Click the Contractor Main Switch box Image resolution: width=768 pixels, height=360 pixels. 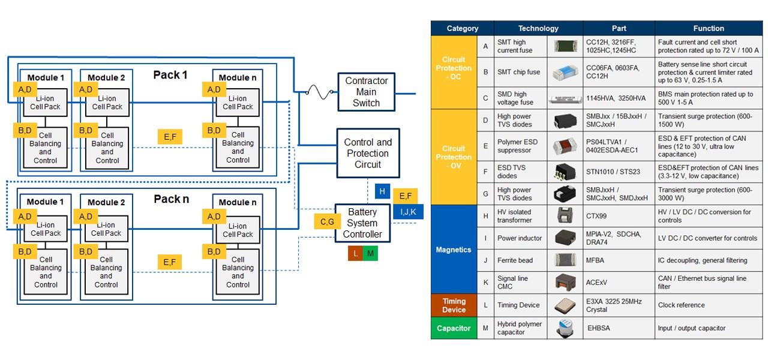click(x=366, y=92)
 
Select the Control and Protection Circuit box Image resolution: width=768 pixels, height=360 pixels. click(x=368, y=153)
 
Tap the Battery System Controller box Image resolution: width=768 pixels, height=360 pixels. click(x=362, y=223)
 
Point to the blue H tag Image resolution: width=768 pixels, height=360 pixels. click(x=383, y=191)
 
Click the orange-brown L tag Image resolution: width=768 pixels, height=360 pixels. click(x=356, y=253)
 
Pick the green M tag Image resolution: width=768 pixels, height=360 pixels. click(x=371, y=253)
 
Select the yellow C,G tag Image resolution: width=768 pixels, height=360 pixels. click(x=327, y=221)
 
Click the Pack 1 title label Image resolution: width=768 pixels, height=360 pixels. click(x=170, y=75)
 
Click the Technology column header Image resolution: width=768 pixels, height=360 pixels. click(x=538, y=28)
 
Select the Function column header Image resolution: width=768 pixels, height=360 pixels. click(x=709, y=28)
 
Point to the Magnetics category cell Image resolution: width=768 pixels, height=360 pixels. click(x=454, y=249)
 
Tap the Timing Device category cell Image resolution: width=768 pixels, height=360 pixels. click(x=454, y=305)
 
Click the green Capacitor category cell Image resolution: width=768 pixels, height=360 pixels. click(x=454, y=328)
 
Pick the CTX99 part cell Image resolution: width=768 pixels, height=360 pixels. click(x=619, y=216)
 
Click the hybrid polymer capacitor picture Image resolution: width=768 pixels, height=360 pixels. click(x=565, y=328)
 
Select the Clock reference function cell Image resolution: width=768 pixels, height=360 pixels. click(x=709, y=305)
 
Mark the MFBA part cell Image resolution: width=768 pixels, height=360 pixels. click(x=619, y=260)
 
